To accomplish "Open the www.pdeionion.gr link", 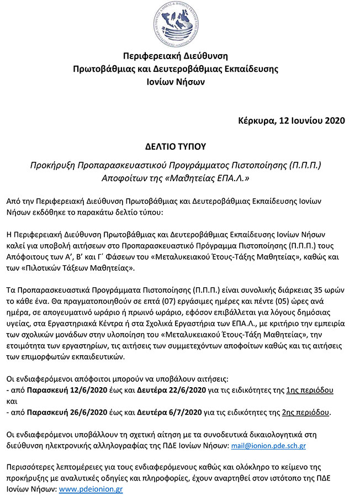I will click(91, 489).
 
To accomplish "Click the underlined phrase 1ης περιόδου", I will click(310, 389).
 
